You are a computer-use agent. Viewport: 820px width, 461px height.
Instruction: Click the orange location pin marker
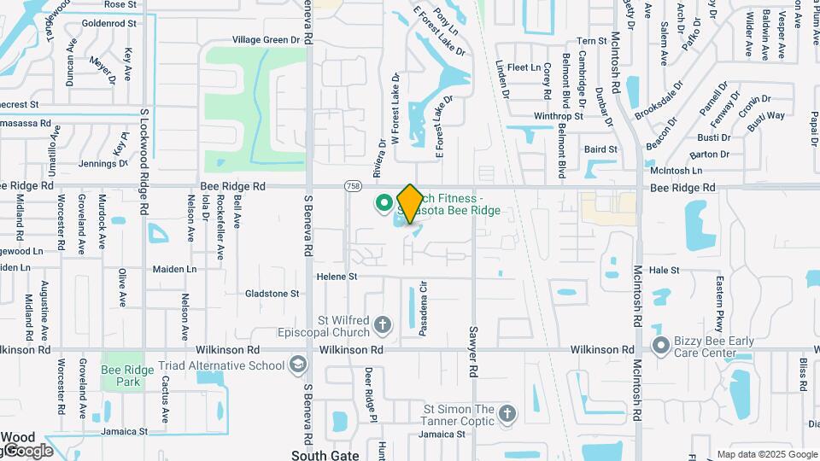click(410, 203)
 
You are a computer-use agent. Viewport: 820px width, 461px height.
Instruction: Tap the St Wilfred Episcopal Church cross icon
click(383, 324)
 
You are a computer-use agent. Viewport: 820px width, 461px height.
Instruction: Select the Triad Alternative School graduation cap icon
click(297, 365)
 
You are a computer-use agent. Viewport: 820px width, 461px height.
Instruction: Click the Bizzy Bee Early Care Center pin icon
click(660, 347)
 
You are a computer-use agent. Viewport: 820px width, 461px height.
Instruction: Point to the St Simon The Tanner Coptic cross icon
click(507, 415)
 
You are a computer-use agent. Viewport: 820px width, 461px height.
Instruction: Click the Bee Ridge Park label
click(121, 376)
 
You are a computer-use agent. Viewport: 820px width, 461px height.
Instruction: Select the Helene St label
click(337, 277)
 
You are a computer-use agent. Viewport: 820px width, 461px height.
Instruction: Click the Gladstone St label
click(272, 293)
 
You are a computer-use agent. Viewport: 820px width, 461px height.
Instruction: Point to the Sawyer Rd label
click(471, 353)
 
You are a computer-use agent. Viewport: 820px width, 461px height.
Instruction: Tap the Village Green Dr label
click(266, 39)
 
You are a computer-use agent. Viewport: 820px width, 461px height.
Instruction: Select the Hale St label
click(664, 270)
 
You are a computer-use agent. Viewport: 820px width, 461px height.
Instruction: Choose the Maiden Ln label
click(174, 269)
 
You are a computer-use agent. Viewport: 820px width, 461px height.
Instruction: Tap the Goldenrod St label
click(109, 24)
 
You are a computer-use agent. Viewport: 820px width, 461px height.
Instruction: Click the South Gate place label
click(325, 455)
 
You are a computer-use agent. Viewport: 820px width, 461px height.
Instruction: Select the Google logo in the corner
click(27, 450)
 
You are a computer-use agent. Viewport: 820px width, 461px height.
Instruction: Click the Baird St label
click(600, 149)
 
